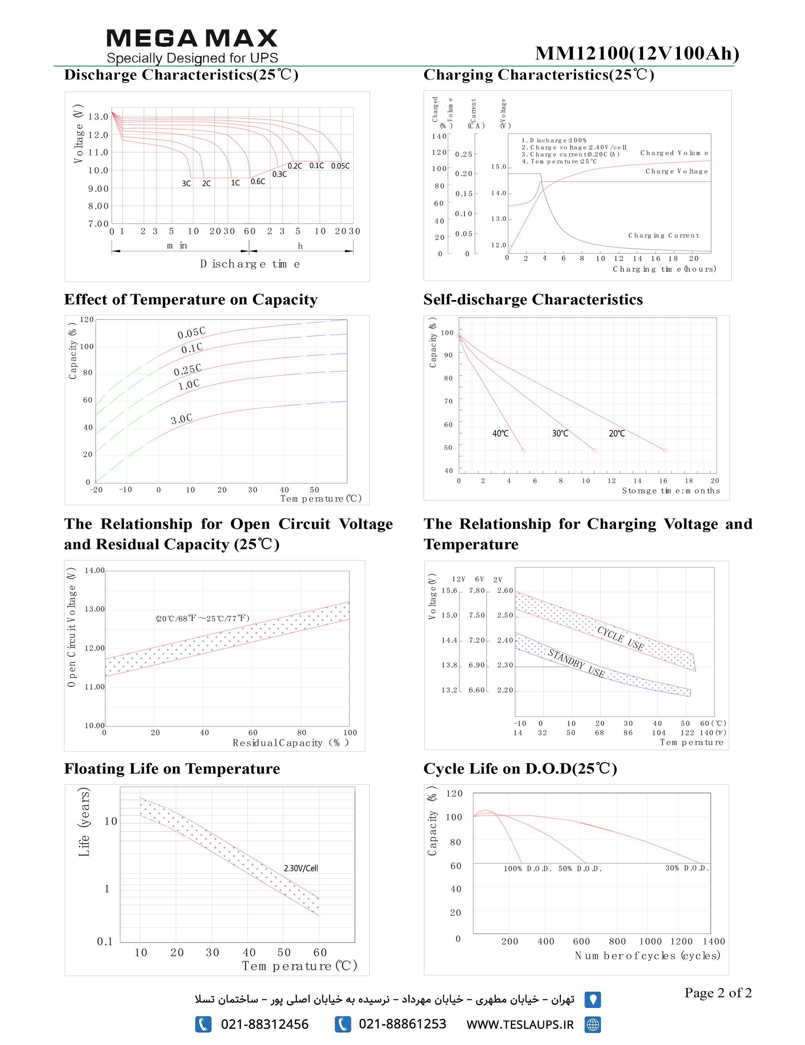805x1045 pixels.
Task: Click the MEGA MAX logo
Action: [x=192, y=38]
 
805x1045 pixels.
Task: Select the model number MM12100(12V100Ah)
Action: [x=637, y=53]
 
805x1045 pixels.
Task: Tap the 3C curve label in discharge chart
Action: [x=186, y=183]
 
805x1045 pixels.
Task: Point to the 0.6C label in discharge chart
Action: [x=258, y=181]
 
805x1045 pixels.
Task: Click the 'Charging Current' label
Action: [x=663, y=235]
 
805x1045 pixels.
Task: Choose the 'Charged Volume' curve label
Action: [x=674, y=153]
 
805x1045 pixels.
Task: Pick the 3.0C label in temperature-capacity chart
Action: [x=182, y=419]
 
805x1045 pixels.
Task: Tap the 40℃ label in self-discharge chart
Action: [x=500, y=433]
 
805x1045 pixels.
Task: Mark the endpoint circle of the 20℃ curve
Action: [x=665, y=450]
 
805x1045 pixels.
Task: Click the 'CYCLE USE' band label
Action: [x=620, y=638]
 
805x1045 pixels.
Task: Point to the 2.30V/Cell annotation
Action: [x=301, y=868]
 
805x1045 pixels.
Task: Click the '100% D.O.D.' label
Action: [x=528, y=869]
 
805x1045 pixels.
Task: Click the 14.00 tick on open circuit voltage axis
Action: [x=95, y=571]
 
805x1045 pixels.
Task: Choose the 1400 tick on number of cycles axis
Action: [x=714, y=941]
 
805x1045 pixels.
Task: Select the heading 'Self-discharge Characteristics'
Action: [x=533, y=299]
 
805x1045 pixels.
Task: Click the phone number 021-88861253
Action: [x=402, y=1024]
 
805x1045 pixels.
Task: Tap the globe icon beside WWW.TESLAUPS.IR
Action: [x=593, y=1024]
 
